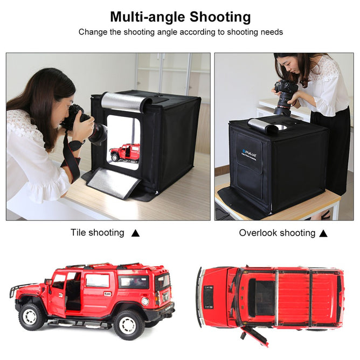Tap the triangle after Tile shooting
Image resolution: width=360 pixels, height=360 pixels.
pyautogui.click(x=136, y=233)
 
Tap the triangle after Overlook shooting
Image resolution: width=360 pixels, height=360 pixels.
pyautogui.click(x=323, y=233)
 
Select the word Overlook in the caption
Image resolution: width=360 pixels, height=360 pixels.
pyautogui.click(x=258, y=233)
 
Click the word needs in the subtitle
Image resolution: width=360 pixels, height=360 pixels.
pyautogui.click(x=271, y=32)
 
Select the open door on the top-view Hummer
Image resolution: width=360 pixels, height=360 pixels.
pyautogui.click(x=255, y=335)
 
